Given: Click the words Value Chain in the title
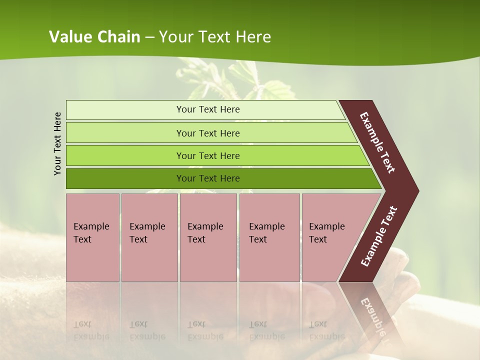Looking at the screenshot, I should [94, 37].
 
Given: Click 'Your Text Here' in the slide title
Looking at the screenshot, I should [214, 37].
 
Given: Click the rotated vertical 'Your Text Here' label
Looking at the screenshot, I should [57, 143].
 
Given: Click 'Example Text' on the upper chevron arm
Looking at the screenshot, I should [377, 142].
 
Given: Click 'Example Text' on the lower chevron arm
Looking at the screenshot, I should [379, 236].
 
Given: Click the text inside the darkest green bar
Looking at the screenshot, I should [208, 178].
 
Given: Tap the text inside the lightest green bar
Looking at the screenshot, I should [208, 109].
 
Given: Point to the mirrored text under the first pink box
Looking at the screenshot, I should [91, 330].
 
